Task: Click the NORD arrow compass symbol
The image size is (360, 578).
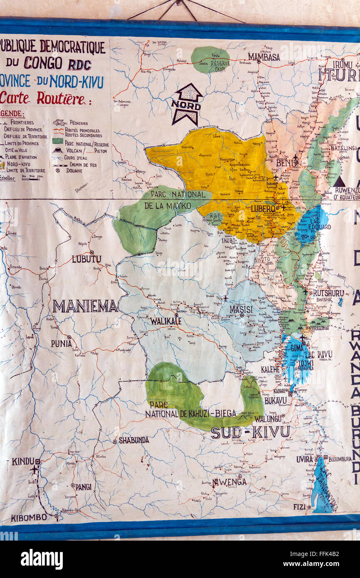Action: click(x=187, y=104)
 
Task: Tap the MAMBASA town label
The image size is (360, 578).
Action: click(x=264, y=57)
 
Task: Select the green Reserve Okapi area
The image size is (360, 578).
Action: click(x=210, y=60)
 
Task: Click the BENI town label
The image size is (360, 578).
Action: click(x=285, y=163)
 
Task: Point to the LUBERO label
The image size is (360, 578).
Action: click(x=263, y=208)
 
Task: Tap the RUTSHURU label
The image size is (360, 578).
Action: click(x=328, y=293)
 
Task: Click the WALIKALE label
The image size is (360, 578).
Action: click(x=165, y=321)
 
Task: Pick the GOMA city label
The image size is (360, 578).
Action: click(x=297, y=348)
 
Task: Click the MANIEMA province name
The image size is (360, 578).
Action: click(x=85, y=306)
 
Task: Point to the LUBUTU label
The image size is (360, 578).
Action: click(x=86, y=259)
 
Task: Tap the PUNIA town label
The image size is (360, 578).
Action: click(x=61, y=343)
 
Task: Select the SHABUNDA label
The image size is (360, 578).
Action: click(x=133, y=440)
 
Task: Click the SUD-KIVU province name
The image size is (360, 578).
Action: click(x=250, y=432)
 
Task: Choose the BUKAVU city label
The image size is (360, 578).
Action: click(x=276, y=400)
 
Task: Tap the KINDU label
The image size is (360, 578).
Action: click(x=23, y=461)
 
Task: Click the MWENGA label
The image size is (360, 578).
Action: click(x=229, y=482)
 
